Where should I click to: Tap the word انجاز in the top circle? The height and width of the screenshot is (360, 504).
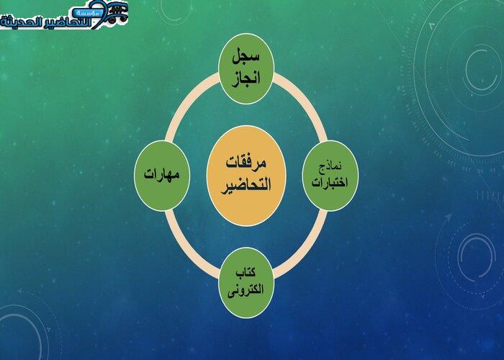click(246, 78)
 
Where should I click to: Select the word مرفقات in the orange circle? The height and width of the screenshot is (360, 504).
click(246, 163)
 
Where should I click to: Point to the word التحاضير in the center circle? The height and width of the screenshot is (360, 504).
click(246, 185)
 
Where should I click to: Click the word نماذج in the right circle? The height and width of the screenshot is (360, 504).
click(330, 167)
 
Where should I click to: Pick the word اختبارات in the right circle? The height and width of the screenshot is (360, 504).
click(330, 183)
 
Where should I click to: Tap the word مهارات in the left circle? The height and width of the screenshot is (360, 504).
click(162, 174)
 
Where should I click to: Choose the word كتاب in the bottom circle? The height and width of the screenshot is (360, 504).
click(246, 273)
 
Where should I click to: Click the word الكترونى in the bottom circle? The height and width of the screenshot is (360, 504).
click(246, 289)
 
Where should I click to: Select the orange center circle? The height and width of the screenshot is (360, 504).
click(246, 176)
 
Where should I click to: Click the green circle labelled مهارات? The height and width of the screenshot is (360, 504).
click(162, 176)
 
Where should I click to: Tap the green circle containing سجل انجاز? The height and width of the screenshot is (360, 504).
click(246, 69)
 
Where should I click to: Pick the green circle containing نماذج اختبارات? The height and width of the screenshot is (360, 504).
click(330, 176)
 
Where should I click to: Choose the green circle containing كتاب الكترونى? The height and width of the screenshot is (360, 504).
click(246, 282)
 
